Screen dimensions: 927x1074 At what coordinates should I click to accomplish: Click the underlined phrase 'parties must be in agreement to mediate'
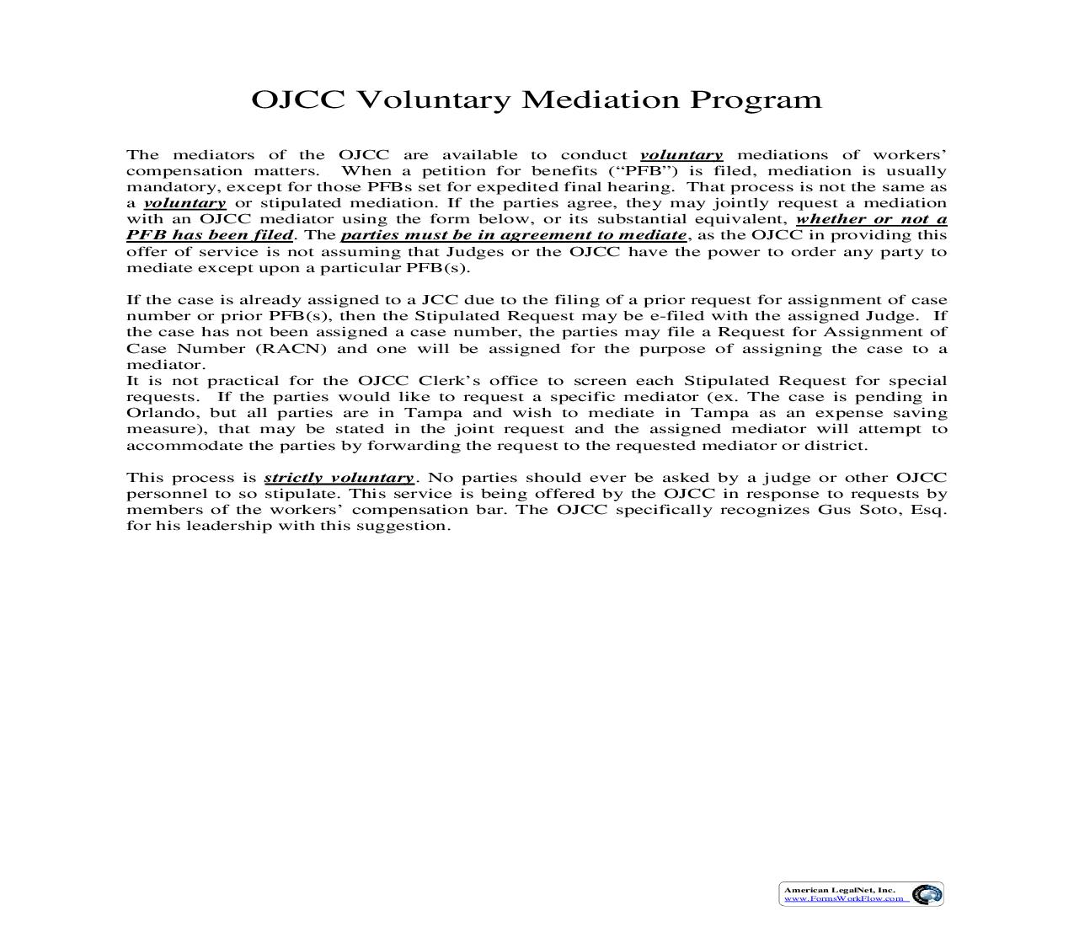pyautogui.click(x=513, y=235)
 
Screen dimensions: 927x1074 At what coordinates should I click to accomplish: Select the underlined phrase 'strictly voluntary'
pyautogui.click(x=339, y=478)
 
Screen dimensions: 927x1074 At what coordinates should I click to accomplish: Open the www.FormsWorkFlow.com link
pyautogui.click(x=843, y=898)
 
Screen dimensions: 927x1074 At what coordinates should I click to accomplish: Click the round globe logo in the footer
pyautogui.click(x=927, y=894)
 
